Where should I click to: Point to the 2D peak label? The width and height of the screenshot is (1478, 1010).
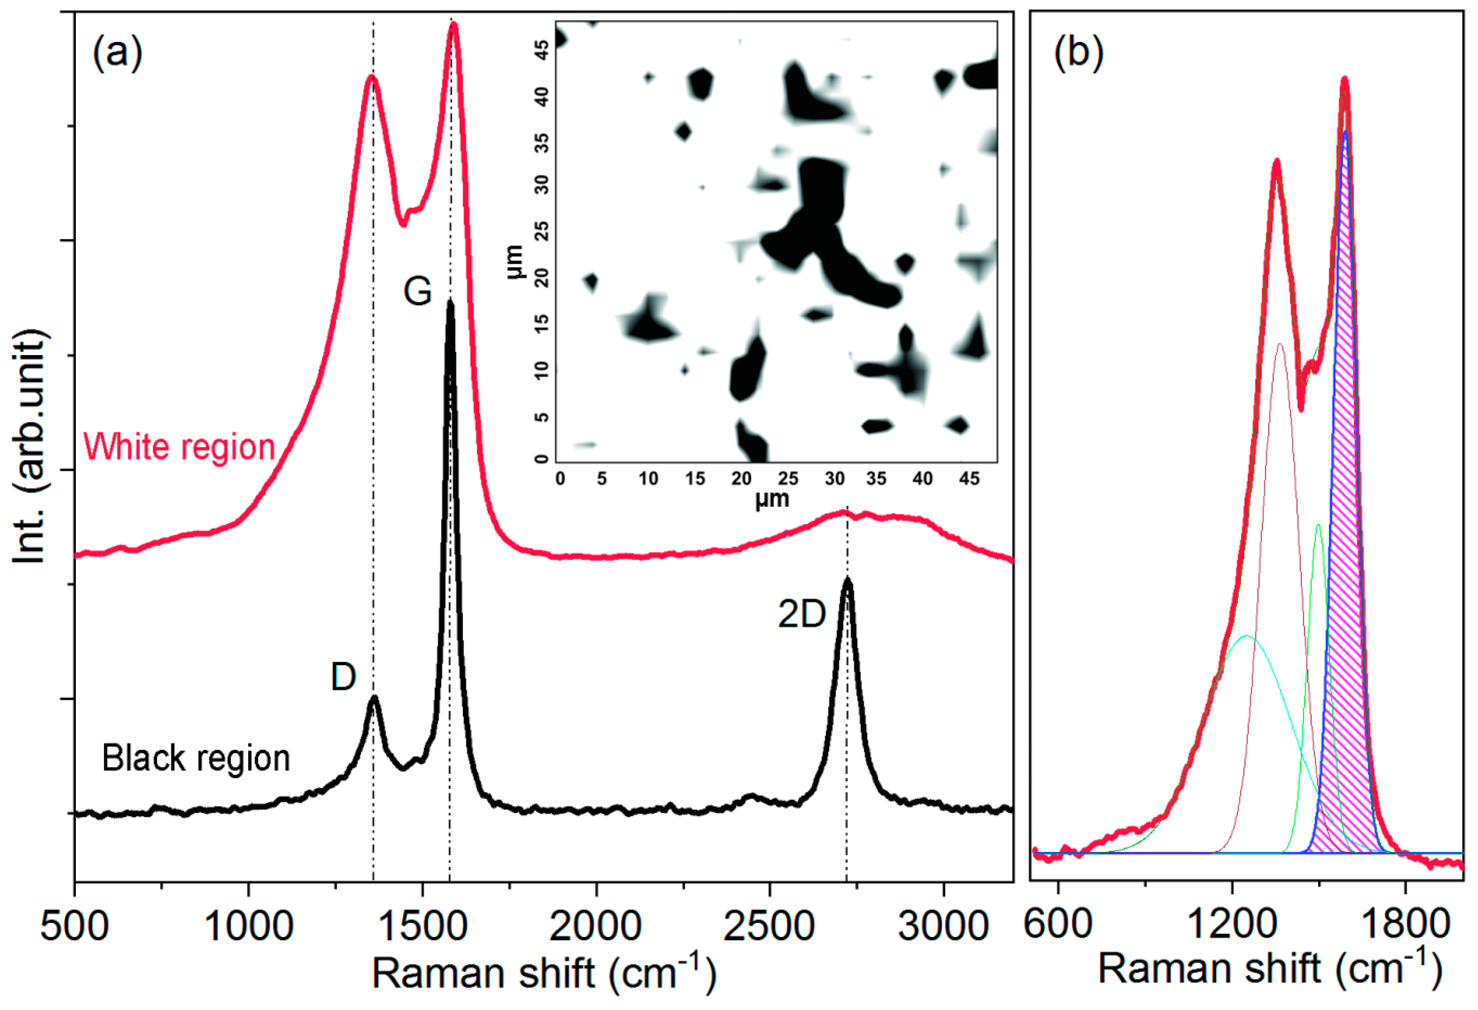click(x=801, y=615)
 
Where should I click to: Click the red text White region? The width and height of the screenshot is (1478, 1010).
click(x=180, y=447)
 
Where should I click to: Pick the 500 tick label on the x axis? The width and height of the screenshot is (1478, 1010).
click(x=75, y=926)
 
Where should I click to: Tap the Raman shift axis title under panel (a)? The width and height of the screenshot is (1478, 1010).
click(x=544, y=974)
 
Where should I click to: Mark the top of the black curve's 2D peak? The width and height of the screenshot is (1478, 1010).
click(x=847, y=580)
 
